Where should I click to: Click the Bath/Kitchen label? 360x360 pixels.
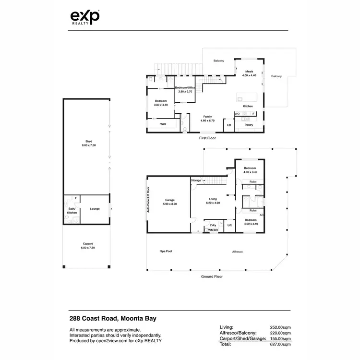[x=72, y=211]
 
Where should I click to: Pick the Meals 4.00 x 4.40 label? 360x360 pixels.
[x=249, y=73]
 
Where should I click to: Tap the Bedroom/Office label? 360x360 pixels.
[x=185, y=90]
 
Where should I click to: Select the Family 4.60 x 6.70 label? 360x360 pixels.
[x=207, y=119]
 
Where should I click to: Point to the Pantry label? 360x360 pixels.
[x=249, y=125]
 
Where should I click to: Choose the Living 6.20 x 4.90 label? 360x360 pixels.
[x=213, y=201]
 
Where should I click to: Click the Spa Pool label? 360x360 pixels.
[x=167, y=251]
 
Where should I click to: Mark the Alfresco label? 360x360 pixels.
[x=237, y=251]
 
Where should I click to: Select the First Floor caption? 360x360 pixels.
[x=207, y=138]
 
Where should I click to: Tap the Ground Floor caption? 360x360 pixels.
[x=211, y=276]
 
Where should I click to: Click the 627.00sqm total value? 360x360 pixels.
[x=280, y=344]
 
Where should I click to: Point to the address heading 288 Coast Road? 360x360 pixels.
[x=113, y=318]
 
